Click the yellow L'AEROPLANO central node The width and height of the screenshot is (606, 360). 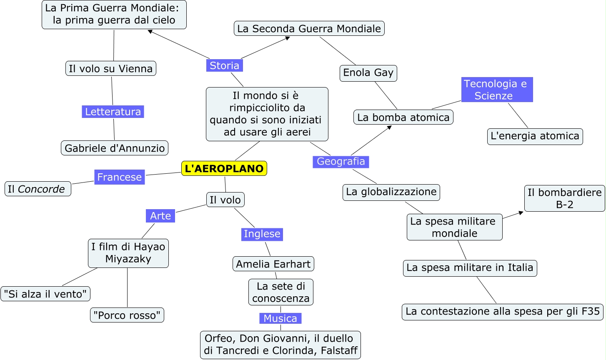point(224,168)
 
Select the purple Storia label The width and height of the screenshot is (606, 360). point(224,65)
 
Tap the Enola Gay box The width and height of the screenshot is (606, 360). point(368,73)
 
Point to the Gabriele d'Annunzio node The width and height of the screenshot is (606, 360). point(115,148)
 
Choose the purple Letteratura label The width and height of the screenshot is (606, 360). point(113,112)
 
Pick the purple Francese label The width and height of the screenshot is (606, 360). point(119,177)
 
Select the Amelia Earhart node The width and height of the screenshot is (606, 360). point(273,264)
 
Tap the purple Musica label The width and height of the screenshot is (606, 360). point(280,318)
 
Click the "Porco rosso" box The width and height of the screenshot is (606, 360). point(127,315)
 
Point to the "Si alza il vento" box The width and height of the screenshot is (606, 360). point(45,294)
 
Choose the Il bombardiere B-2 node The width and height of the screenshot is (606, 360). point(564,198)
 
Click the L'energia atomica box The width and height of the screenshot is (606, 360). point(535,136)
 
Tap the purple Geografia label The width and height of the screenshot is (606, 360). point(341,161)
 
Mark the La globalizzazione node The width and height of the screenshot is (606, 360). point(391,192)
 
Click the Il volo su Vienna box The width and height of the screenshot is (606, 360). point(111,68)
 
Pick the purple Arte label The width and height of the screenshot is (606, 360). point(160,216)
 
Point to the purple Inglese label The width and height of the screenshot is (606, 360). point(262,234)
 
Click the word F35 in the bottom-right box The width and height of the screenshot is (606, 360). point(591,311)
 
